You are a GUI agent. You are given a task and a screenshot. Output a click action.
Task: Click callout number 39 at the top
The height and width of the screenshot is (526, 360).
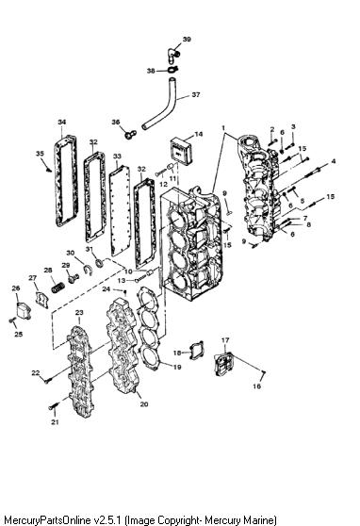[x=187, y=40]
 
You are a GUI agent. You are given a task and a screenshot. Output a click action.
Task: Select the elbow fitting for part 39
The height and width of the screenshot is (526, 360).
[x=172, y=55]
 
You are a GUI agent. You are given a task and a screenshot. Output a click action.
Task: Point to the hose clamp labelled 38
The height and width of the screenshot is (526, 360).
[x=172, y=70]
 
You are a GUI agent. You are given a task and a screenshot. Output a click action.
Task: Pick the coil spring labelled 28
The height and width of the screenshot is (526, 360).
[x=58, y=288]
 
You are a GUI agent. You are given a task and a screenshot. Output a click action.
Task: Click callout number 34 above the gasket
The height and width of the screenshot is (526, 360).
[x=62, y=123]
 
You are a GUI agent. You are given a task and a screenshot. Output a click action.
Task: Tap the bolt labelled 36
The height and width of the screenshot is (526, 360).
[x=130, y=135]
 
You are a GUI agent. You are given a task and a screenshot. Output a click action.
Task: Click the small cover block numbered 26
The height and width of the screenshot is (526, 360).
[x=24, y=311]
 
